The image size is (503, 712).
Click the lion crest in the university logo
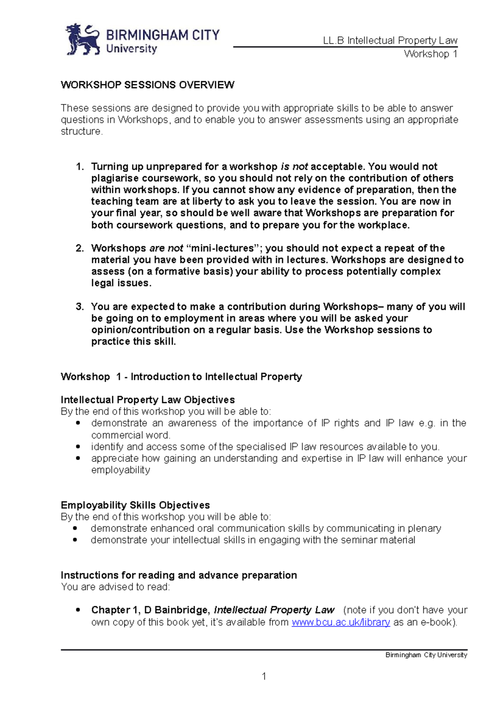click(x=83, y=39)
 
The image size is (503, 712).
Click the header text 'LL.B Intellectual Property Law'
click(x=390, y=41)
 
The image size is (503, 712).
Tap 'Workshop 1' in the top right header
click(x=430, y=54)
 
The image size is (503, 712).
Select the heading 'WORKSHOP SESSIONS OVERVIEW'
click(x=148, y=85)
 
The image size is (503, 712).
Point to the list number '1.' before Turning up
click(x=80, y=167)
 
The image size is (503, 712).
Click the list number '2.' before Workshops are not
click(x=80, y=248)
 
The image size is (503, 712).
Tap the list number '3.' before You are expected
click(x=80, y=307)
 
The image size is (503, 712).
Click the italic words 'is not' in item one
click(x=294, y=167)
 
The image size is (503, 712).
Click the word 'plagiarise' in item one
click(x=114, y=178)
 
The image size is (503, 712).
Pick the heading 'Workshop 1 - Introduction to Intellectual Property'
click(x=181, y=377)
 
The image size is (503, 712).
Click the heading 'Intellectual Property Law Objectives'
click(x=148, y=400)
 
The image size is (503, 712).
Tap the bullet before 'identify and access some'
click(x=78, y=447)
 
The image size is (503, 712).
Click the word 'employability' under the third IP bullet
click(x=121, y=470)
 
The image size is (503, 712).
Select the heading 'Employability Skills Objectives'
click(x=135, y=505)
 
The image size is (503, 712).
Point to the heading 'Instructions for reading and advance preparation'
click(x=179, y=575)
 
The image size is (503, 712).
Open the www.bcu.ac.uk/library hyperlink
click(x=341, y=622)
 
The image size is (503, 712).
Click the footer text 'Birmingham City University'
click(x=426, y=655)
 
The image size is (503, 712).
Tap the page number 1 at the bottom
click(x=264, y=676)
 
